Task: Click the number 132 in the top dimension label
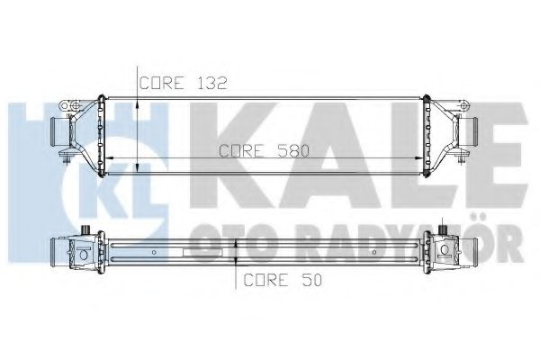tap(211, 83)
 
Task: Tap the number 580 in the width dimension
tap(293, 150)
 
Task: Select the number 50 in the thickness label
tap(311, 280)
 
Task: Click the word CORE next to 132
tap(162, 83)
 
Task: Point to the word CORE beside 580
tap(242, 150)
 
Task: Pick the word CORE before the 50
tap(265, 280)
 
